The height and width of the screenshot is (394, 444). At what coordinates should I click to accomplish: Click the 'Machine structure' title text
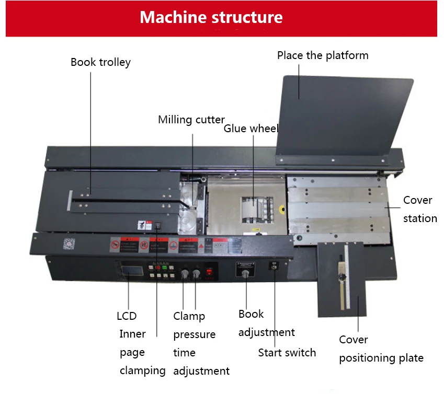tap(211, 17)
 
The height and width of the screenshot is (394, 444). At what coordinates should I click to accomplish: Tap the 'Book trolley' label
tap(100, 62)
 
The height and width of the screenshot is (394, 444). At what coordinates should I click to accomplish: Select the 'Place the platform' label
tap(323, 55)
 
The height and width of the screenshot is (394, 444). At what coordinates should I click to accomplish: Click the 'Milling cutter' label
tap(191, 120)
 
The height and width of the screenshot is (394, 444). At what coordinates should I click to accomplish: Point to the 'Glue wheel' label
tap(251, 129)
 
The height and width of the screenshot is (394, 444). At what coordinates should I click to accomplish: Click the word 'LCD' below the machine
tap(127, 316)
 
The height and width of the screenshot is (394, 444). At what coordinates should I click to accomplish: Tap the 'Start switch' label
tap(287, 353)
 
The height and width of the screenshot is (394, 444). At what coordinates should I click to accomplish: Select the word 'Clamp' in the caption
tap(189, 316)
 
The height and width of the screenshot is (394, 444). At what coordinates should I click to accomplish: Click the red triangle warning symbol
tap(199, 245)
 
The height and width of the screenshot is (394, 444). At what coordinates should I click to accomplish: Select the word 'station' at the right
tap(420, 218)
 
